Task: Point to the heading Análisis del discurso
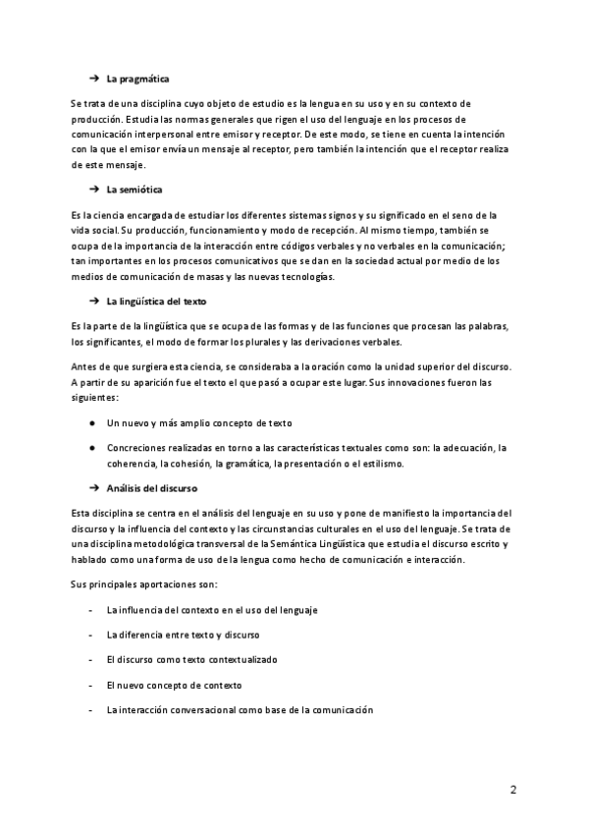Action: (x=151, y=487)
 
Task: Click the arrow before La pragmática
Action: (x=94, y=78)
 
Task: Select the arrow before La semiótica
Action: (x=94, y=189)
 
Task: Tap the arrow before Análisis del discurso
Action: (x=94, y=487)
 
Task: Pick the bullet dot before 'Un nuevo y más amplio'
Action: (x=91, y=422)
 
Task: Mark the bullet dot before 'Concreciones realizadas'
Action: (x=91, y=448)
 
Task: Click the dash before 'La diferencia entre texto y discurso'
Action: (x=90, y=635)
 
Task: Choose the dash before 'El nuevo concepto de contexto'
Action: (x=90, y=685)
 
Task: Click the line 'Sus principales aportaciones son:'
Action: (x=137, y=584)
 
